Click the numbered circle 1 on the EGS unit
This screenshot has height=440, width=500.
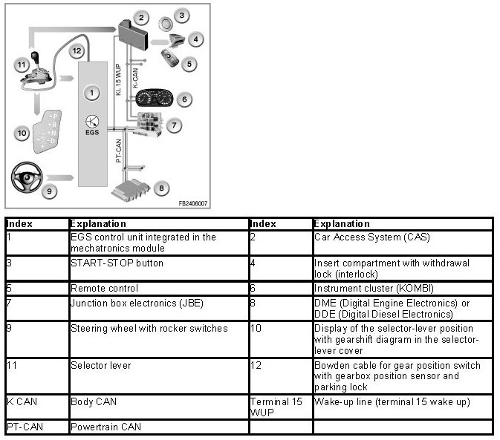tap(91, 93)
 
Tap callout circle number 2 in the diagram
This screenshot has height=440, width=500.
tap(143, 17)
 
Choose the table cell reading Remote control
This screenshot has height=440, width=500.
tap(105, 288)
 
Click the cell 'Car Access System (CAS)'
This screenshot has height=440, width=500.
tap(361, 237)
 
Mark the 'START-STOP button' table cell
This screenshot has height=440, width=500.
tap(117, 263)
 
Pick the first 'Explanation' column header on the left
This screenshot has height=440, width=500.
tap(98, 223)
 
